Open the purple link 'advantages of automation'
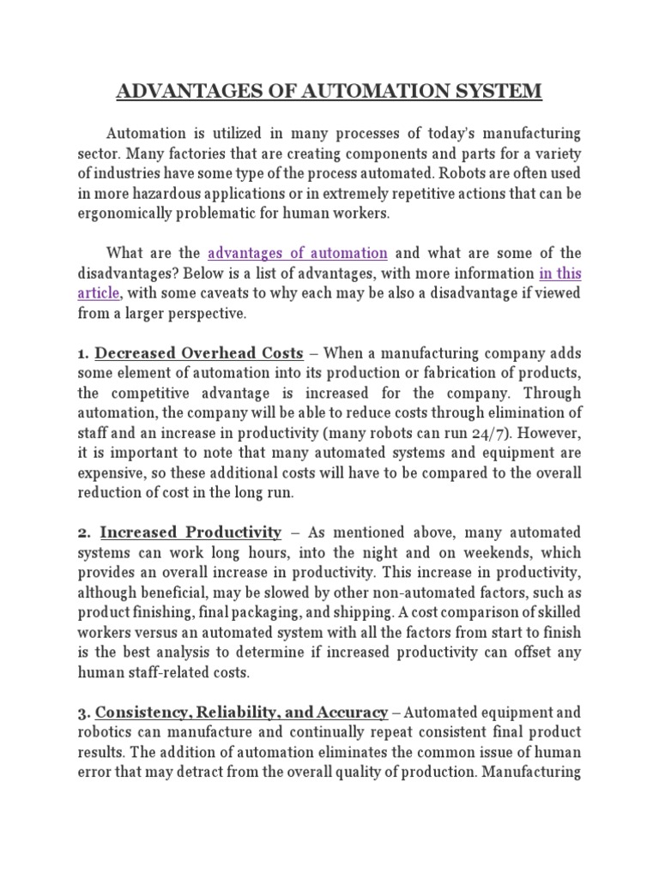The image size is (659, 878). click(x=298, y=253)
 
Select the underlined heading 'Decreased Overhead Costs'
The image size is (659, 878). click(x=199, y=353)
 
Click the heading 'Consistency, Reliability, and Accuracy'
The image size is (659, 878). click(x=242, y=712)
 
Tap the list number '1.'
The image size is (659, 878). click(x=84, y=353)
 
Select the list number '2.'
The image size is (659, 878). click(x=84, y=532)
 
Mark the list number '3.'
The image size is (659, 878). click(x=84, y=712)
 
